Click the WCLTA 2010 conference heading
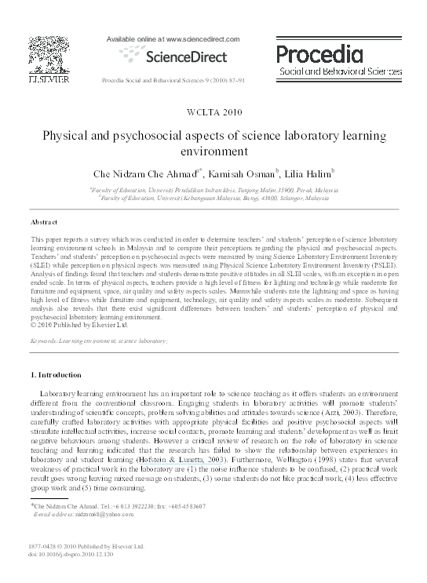pyautogui.click(x=213, y=114)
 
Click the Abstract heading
pyautogui.click(x=44, y=222)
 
